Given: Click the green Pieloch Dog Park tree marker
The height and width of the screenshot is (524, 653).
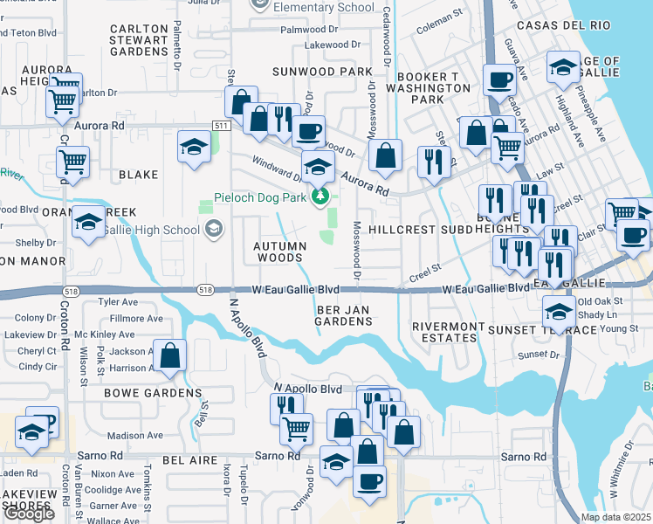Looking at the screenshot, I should pyautogui.click(x=320, y=196).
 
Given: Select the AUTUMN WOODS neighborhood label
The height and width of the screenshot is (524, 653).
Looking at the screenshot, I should pyautogui.click(x=278, y=252).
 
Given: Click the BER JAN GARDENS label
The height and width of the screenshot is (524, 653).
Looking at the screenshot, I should pyautogui.click(x=344, y=315).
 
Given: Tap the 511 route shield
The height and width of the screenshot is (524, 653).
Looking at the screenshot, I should pyautogui.click(x=221, y=126).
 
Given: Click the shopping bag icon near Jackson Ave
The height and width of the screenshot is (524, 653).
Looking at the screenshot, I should pyautogui.click(x=170, y=356).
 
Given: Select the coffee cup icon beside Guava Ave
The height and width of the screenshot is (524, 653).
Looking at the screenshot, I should pyautogui.click(x=500, y=80).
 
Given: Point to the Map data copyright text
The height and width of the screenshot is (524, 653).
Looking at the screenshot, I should pyautogui.click(x=615, y=517).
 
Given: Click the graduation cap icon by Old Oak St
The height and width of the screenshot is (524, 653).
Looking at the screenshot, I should pyautogui.click(x=559, y=309).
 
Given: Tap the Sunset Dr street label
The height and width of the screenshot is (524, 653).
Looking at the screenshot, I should pyautogui.click(x=539, y=355).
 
